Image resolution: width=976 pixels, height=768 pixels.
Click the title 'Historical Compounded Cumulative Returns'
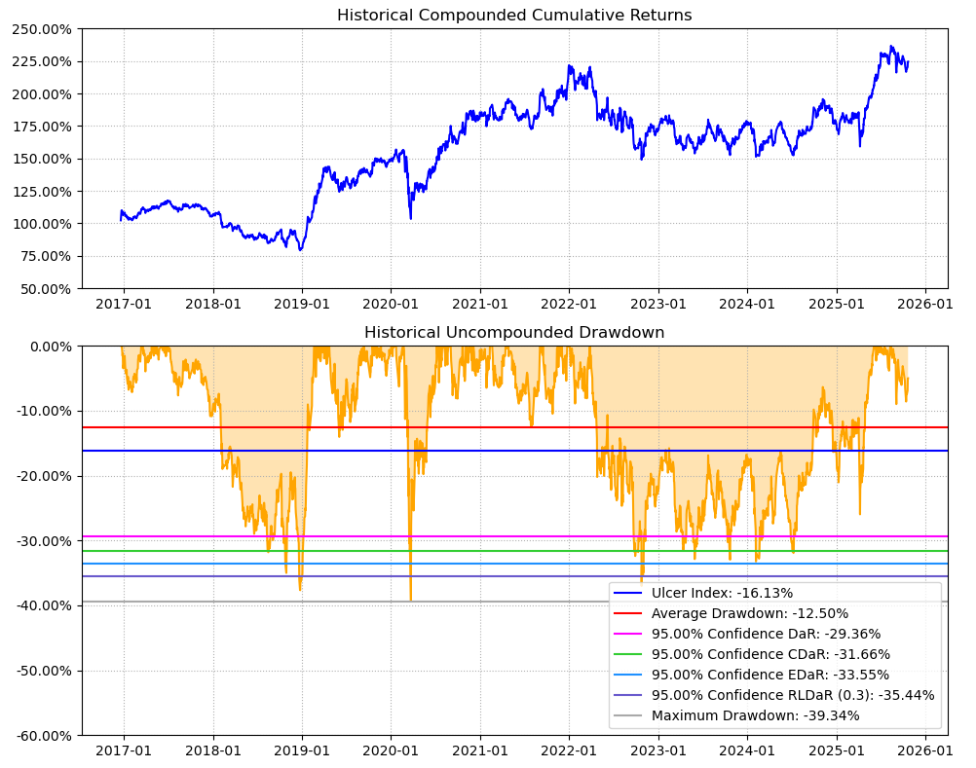(x=514, y=15)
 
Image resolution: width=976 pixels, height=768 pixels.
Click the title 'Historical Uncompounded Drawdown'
(x=514, y=332)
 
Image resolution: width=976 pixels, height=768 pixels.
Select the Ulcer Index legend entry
(x=722, y=593)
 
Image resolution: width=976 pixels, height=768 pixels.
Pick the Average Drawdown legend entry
(x=749, y=613)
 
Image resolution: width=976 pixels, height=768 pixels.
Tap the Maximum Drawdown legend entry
(x=755, y=715)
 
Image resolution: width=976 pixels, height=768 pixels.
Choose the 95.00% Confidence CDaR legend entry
(x=770, y=654)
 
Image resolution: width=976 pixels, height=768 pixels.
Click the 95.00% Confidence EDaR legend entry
(x=770, y=675)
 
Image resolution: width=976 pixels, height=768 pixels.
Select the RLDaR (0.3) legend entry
(x=793, y=695)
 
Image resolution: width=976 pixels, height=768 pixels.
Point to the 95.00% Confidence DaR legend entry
(x=766, y=634)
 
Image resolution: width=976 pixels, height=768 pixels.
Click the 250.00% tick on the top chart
(x=43, y=29)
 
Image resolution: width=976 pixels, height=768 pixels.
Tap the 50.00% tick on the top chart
(x=46, y=288)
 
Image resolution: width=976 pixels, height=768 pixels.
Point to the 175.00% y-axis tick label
(x=43, y=127)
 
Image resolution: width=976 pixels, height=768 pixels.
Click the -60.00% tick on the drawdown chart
(x=43, y=735)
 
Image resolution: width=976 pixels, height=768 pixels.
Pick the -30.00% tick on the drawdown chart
(x=43, y=540)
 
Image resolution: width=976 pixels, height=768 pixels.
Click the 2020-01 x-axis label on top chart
(x=391, y=303)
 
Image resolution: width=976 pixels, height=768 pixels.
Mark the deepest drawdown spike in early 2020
(x=410, y=599)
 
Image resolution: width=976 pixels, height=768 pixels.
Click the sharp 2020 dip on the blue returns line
(x=410, y=217)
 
